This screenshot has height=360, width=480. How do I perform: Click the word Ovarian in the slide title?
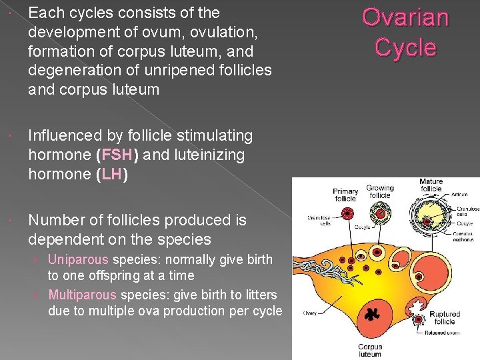[x=405, y=18]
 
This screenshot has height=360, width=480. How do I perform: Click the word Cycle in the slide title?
[x=405, y=47]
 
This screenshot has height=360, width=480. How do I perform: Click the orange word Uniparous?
[x=79, y=259]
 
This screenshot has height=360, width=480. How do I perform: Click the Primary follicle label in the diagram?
[x=345, y=195]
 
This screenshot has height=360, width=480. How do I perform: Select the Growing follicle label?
[x=379, y=191]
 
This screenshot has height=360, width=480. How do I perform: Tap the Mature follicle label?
[x=431, y=185]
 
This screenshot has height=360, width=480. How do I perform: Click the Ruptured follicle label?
[x=445, y=317]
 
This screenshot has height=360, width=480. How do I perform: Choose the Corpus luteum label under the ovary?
[x=370, y=350]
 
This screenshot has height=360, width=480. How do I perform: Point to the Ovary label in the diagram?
[x=310, y=313]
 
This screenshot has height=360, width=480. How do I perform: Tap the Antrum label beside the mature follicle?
[x=459, y=195]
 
